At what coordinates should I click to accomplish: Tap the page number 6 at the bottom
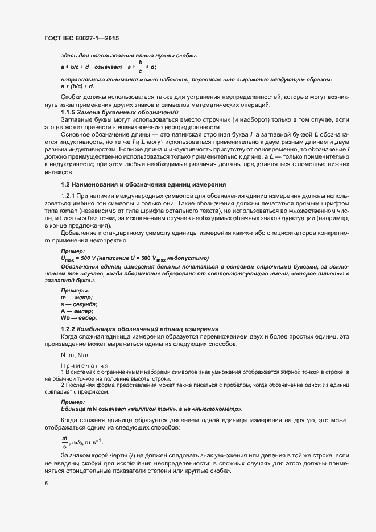coord(46,484)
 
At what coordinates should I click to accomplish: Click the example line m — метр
coord(76,298)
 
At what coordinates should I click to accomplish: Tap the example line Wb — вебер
coord(79,318)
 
